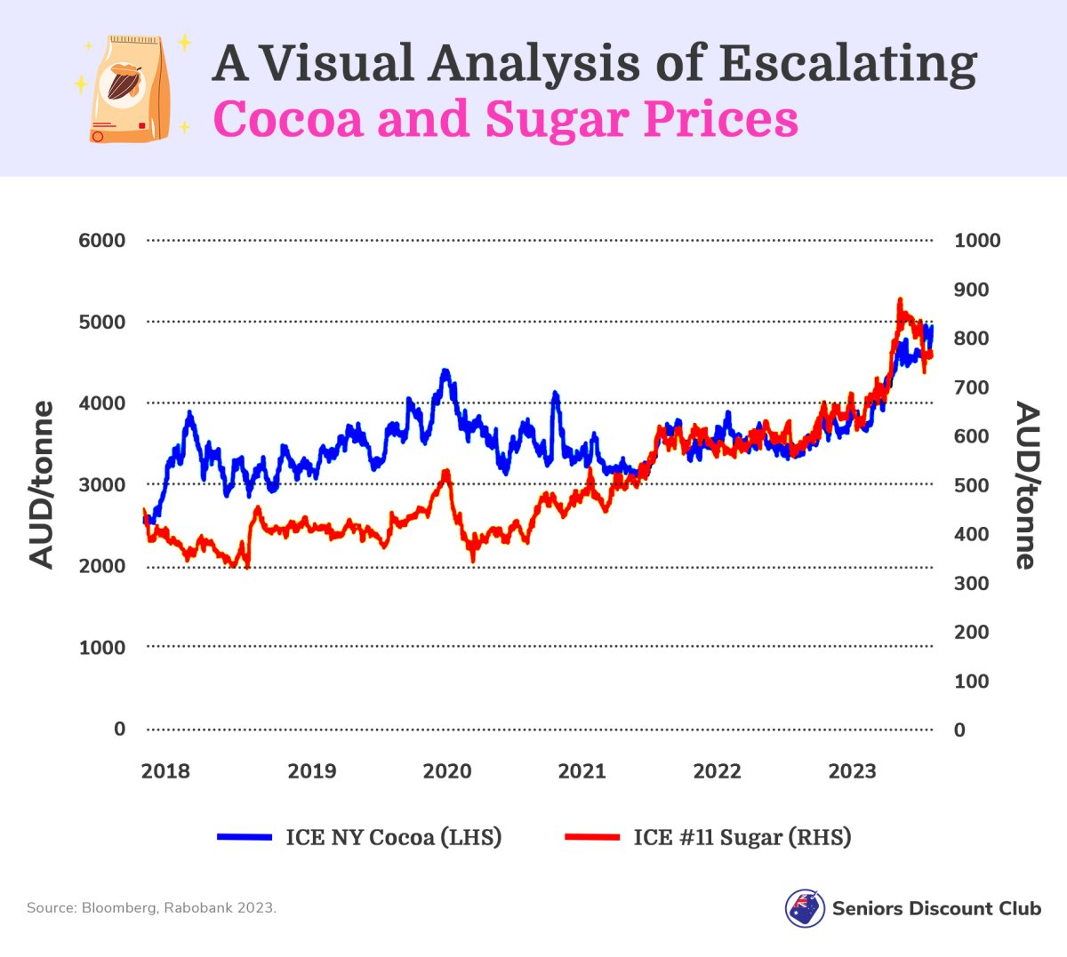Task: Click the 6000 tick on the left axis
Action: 102,240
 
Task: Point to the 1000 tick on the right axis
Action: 977,240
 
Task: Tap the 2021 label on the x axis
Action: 582,771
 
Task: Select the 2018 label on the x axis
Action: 165,771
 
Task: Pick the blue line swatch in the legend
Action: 245,837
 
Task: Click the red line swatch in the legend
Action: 592,837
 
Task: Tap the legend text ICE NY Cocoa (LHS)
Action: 393,837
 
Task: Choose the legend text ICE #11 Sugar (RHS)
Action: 742,837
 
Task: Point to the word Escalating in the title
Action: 847,64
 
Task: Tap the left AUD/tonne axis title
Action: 42,484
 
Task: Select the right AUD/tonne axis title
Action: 1026,485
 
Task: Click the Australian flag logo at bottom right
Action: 805,908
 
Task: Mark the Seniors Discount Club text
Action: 936,908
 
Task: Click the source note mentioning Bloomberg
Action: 151,908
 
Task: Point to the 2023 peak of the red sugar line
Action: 900,300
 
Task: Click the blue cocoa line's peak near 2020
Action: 445,371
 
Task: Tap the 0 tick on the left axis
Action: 120,729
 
